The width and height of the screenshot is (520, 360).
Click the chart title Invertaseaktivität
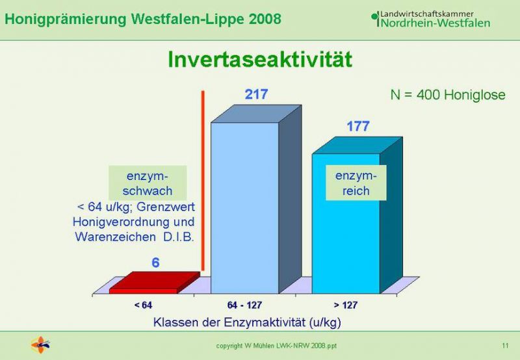(259, 60)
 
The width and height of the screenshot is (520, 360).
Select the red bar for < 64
(155, 283)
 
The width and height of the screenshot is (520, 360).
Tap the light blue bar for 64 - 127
(256, 199)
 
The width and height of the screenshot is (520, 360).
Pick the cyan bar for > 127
(357, 215)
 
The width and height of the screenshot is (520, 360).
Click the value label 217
(256, 94)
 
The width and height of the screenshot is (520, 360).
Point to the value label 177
(358, 126)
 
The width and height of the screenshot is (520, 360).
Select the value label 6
(155, 263)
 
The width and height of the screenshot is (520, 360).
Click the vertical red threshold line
(203, 181)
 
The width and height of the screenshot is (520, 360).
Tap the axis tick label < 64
(143, 305)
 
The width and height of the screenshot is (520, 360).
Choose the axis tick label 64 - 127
(245, 305)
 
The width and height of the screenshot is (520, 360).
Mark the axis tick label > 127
(346, 305)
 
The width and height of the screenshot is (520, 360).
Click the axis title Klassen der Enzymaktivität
(247, 322)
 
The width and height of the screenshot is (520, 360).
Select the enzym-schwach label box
(148, 183)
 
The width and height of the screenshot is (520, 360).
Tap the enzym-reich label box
(356, 183)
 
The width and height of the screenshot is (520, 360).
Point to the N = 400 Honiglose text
(448, 95)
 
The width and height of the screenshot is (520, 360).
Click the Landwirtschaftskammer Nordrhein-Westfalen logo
(431, 19)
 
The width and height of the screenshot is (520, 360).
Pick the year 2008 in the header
(265, 19)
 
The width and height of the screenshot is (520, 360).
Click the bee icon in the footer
(40, 345)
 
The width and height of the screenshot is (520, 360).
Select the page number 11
(505, 346)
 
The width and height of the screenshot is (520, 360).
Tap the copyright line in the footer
(276, 346)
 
